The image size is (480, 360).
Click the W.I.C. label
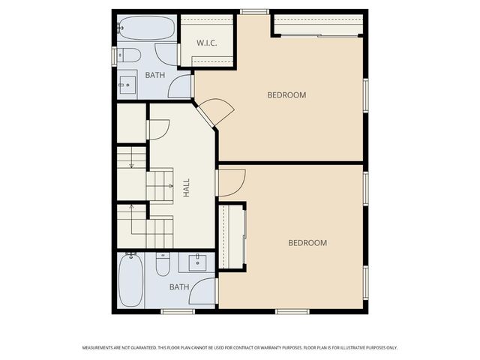[207, 43]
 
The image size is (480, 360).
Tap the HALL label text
[186, 187]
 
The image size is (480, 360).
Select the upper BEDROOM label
[287, 94]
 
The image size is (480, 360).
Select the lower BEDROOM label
[307, 242]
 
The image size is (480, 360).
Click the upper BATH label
[154, 75]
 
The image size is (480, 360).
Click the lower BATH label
[178, 286]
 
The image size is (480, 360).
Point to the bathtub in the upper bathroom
[146, 30]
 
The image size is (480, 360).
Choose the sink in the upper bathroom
[127, 84]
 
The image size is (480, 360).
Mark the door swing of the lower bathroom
[204, 291]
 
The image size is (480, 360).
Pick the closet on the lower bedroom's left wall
[231, 236]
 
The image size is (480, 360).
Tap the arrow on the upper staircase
[131, 164]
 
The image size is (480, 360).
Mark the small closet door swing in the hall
[158, 130]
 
